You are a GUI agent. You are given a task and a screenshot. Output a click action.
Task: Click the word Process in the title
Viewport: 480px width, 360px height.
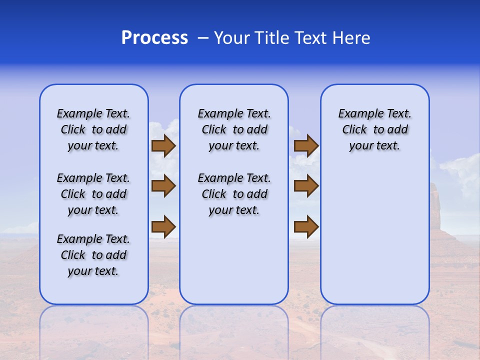(154, 38)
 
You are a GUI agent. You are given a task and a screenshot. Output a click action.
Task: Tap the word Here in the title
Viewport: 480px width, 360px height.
(352, 38)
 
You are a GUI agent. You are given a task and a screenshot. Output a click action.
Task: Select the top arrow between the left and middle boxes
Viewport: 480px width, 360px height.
(163, 145)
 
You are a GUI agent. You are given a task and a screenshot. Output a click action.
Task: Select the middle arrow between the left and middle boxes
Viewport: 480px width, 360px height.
(163, 186)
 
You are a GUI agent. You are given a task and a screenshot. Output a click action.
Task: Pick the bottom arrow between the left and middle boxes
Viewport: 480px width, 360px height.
(163, 226)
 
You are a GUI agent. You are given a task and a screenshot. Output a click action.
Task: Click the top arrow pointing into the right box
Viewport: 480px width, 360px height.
(306, 145)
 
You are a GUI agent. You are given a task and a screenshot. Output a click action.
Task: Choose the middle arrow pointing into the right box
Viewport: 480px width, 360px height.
(306, 186)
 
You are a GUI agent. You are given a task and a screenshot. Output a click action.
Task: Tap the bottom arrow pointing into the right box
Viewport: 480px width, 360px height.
(306, 226)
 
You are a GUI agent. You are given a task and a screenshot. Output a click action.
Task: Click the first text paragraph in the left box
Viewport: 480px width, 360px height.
(93, 129)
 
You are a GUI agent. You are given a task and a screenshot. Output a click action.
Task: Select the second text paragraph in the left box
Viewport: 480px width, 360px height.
(93, 194)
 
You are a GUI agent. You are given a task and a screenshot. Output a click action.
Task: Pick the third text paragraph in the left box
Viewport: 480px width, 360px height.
(93, 255)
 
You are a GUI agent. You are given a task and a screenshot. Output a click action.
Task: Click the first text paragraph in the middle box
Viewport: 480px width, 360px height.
(234, 129)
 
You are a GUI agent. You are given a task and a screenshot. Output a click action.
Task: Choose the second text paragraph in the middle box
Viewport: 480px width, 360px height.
(234, 194)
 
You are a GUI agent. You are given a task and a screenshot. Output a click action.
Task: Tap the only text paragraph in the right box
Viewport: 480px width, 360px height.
(374, 129)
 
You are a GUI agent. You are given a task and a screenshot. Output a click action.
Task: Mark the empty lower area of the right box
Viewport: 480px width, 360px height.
(374, 240)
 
